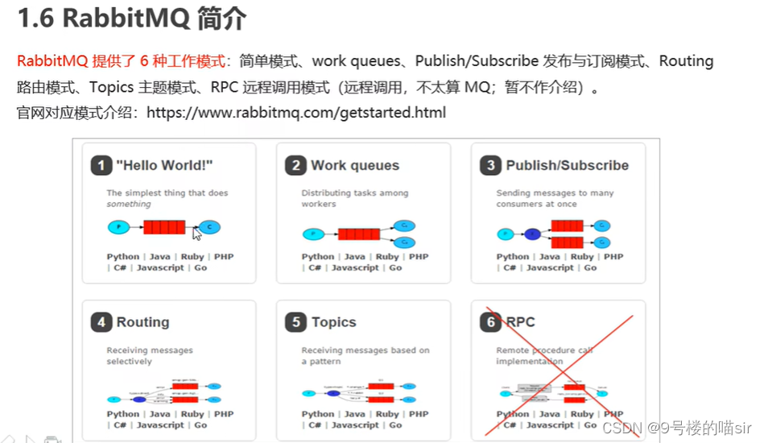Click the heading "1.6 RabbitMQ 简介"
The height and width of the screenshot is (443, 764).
(132, 19)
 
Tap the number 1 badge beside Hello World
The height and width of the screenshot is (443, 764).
(101, 166)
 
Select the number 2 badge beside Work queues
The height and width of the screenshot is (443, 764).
(295, 166)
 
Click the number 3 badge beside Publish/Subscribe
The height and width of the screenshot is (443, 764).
(490, 166)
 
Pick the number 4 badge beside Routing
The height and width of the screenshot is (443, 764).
(101, 323)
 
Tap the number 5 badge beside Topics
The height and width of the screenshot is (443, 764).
(295, 323)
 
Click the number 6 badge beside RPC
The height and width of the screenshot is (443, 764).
(490, 323)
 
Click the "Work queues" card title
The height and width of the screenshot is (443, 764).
(355, 166)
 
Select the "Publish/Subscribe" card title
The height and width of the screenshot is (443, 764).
(568, 166)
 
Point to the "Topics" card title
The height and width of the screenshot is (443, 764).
(334, 323)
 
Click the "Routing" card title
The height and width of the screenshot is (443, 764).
(143, 323)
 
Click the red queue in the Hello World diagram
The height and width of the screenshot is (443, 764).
(164, 227)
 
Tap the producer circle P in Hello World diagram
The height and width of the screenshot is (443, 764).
(118, 227)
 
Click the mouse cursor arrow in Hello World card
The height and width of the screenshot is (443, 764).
(196, 234)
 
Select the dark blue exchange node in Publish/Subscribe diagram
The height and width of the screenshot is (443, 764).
(532, 234)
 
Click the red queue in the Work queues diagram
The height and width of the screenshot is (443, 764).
(359, 234)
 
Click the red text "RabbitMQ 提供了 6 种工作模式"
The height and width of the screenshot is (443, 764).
(121, 61)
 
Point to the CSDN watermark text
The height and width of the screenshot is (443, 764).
(676, 428)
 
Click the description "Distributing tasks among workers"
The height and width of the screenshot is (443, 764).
(354, 198)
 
